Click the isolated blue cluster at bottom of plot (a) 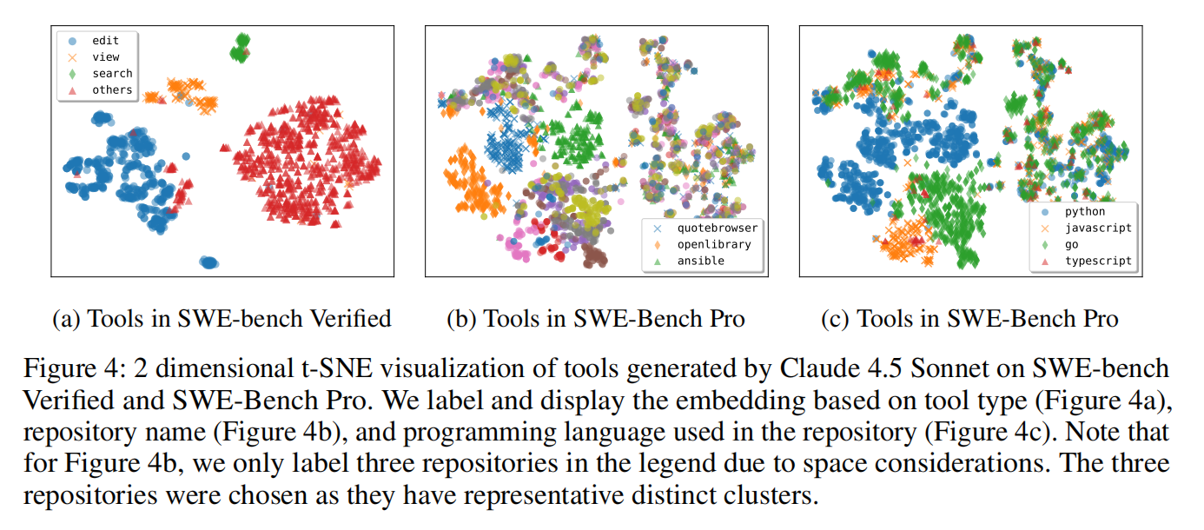(x=208, y=262)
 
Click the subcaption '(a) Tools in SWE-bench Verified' (x=222, y=319)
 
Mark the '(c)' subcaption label (x=834, y=319)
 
